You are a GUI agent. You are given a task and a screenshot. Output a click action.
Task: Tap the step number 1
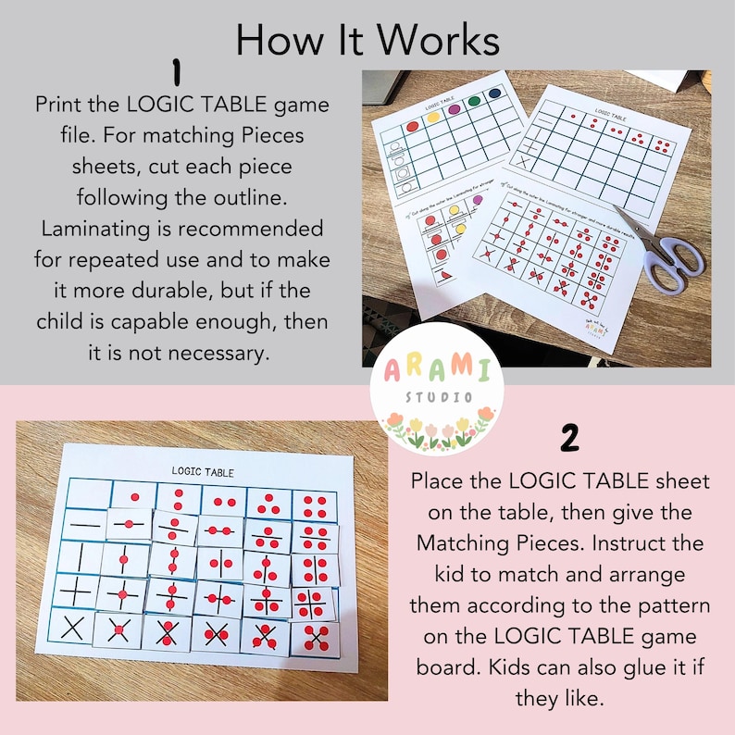[x=174, y=72]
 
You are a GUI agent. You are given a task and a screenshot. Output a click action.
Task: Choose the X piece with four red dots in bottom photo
[x=316, y=638]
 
